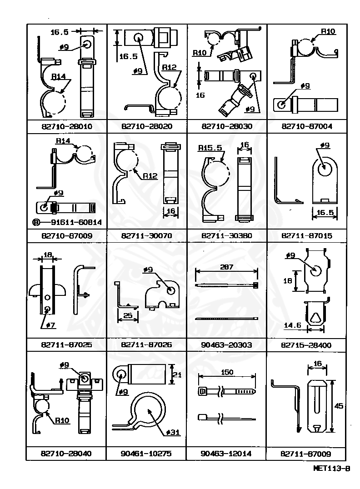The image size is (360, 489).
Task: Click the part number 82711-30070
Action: (146, 236)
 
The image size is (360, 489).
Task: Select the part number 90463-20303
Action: (226, 345)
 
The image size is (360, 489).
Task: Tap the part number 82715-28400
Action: (306, 345)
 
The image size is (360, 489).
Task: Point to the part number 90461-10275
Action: (146, 454)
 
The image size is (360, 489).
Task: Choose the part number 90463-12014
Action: (226, 454)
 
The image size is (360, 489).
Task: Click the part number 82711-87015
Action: (306, 236)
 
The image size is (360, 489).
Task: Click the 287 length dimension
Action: (226, 267)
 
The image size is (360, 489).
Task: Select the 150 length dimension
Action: (226, 373)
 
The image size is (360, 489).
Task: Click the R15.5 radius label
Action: (210, 148)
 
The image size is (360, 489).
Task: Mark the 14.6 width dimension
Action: (293, 325)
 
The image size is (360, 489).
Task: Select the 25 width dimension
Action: (128, 315)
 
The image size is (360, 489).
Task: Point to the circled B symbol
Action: (36, 222)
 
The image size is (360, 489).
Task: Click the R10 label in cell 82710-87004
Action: (328, 31)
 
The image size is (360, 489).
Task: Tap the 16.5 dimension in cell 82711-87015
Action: (325, 212)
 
